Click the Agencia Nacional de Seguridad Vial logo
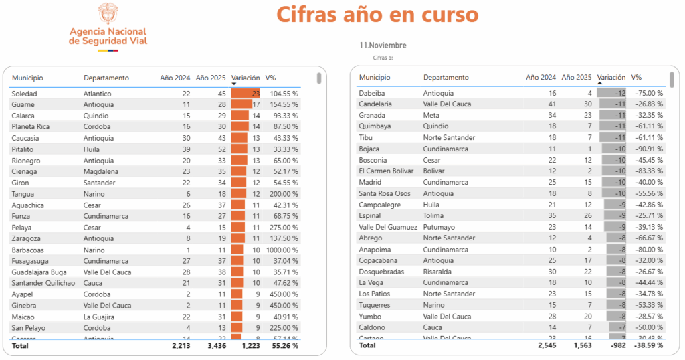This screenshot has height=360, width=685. coord(108,27)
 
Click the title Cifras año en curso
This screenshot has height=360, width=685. coord(377,15)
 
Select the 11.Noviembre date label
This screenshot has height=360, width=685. coord(383,46)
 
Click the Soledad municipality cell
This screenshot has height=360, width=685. coord(25,94)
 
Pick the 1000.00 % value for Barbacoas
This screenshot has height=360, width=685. coord(282,250)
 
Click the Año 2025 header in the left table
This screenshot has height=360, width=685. coord(211,78)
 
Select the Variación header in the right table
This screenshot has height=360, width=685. coord(611,78)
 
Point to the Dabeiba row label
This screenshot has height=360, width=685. coord(372,93)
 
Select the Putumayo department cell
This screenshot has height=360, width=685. coord(439,227)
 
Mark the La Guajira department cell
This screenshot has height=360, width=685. coord(100,317)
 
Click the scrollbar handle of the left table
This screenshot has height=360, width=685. coord(319,78)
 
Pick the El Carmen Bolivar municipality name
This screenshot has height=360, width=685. coord(386,171)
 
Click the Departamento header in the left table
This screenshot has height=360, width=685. coord(106,78)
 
